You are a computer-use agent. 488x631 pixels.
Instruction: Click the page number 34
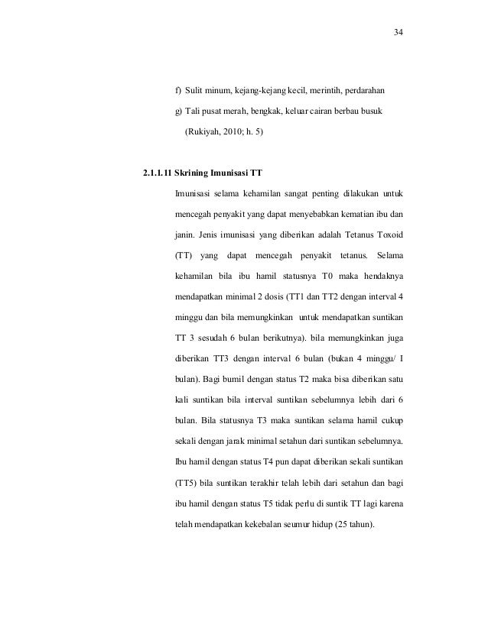click(398, 34)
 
